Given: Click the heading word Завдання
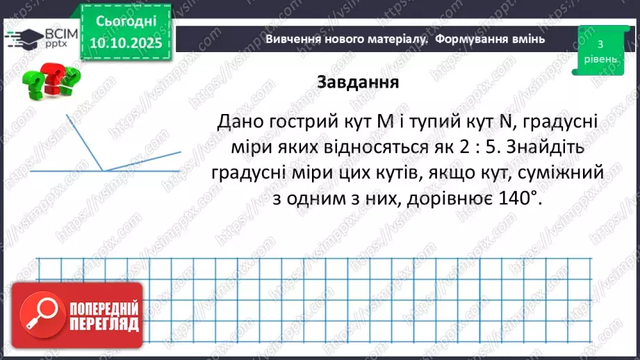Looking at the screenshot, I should coord(357,82).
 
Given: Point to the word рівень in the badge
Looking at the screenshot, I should coord(599,59).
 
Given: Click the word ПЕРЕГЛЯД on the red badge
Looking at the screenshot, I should coord(104,323).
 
